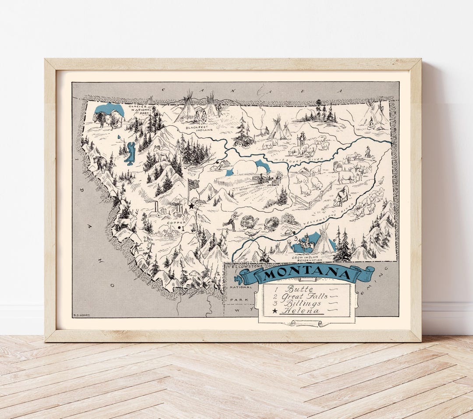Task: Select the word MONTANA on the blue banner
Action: click(x=307, y=274)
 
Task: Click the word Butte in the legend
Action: click(x=299, y=289)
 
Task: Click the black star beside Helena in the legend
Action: click(x=275, y=311)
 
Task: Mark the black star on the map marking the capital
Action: click(x=191, y=206)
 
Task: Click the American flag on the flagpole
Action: click(x=194, y=184)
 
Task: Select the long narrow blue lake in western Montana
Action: click(x=130, y=153)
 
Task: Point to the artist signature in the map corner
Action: click(x=81, y=315)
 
